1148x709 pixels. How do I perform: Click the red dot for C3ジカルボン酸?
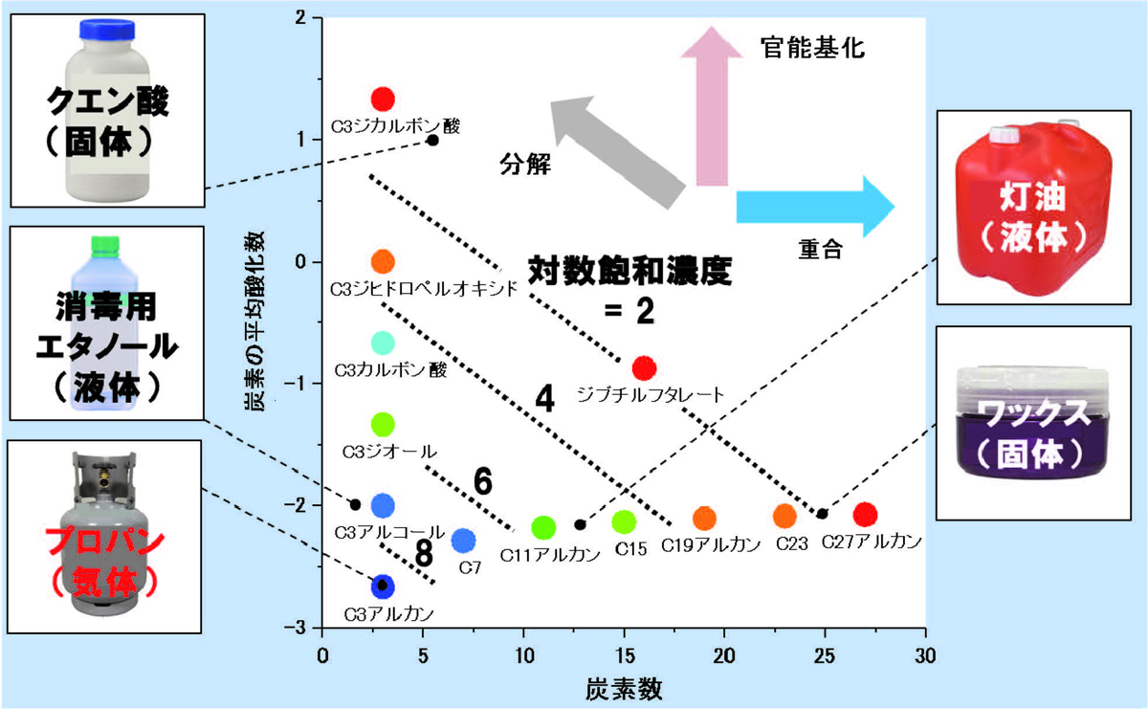coord(383,99)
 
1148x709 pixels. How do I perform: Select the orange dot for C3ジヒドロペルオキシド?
coord(383,261)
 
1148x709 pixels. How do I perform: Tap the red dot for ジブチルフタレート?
coord(644,368)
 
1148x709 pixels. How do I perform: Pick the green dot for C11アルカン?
coord(543,527)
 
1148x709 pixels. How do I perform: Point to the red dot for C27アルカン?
coord(865,515)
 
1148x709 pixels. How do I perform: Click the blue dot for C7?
coord(463,541)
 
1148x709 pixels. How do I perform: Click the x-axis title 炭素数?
coord(626,687)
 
